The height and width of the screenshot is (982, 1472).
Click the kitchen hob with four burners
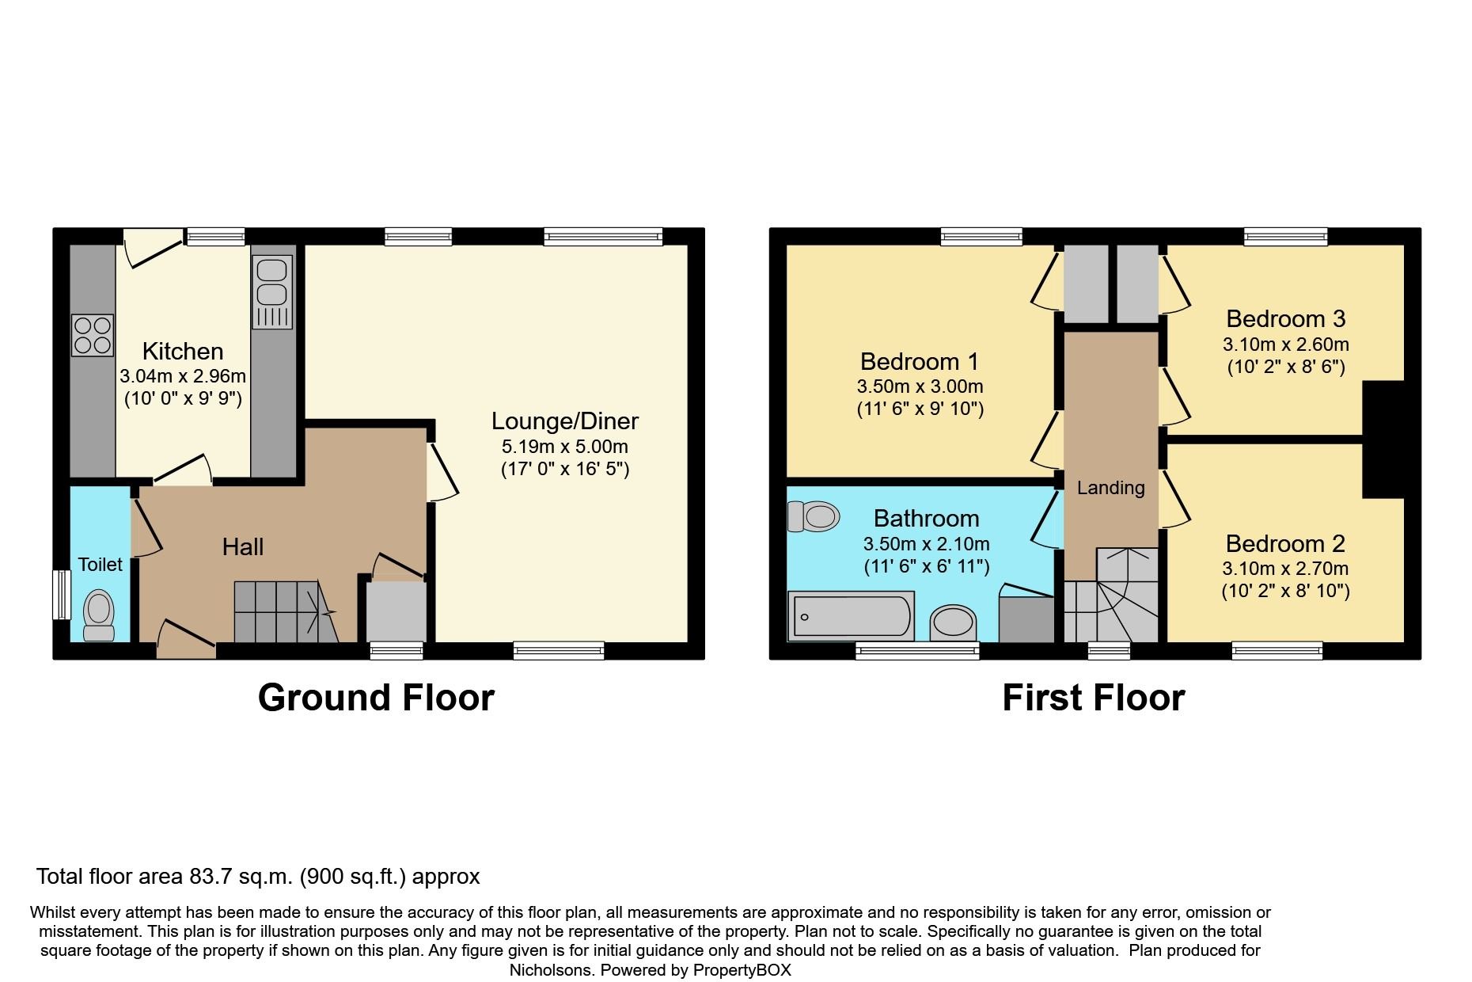coord(93,335)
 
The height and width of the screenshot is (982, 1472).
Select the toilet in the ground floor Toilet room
coord(99,615)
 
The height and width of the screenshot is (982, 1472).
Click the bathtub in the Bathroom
coord(852,616)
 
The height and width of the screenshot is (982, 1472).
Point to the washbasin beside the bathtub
coord(953,622)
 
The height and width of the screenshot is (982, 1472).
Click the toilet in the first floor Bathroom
coord(814,516)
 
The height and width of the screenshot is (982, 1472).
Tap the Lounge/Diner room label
coord(564,421)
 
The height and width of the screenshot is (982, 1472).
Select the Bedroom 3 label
coord(1285,318)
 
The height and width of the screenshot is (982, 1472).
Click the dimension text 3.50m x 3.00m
coord(920,386)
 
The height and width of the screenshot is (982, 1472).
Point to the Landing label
coord(1110,488)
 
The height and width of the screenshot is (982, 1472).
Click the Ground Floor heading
coord(376,698)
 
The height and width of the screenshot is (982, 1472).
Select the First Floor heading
coord(1093,698)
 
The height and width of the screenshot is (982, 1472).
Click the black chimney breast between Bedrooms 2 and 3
coord(1383,440)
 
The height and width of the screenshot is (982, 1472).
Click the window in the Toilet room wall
coord(61,595)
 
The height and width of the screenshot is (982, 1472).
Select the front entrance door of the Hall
coord(187,641)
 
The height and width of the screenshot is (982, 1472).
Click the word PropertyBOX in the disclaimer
coord(742,969)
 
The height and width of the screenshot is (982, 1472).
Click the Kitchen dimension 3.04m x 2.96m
coord(183,376)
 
